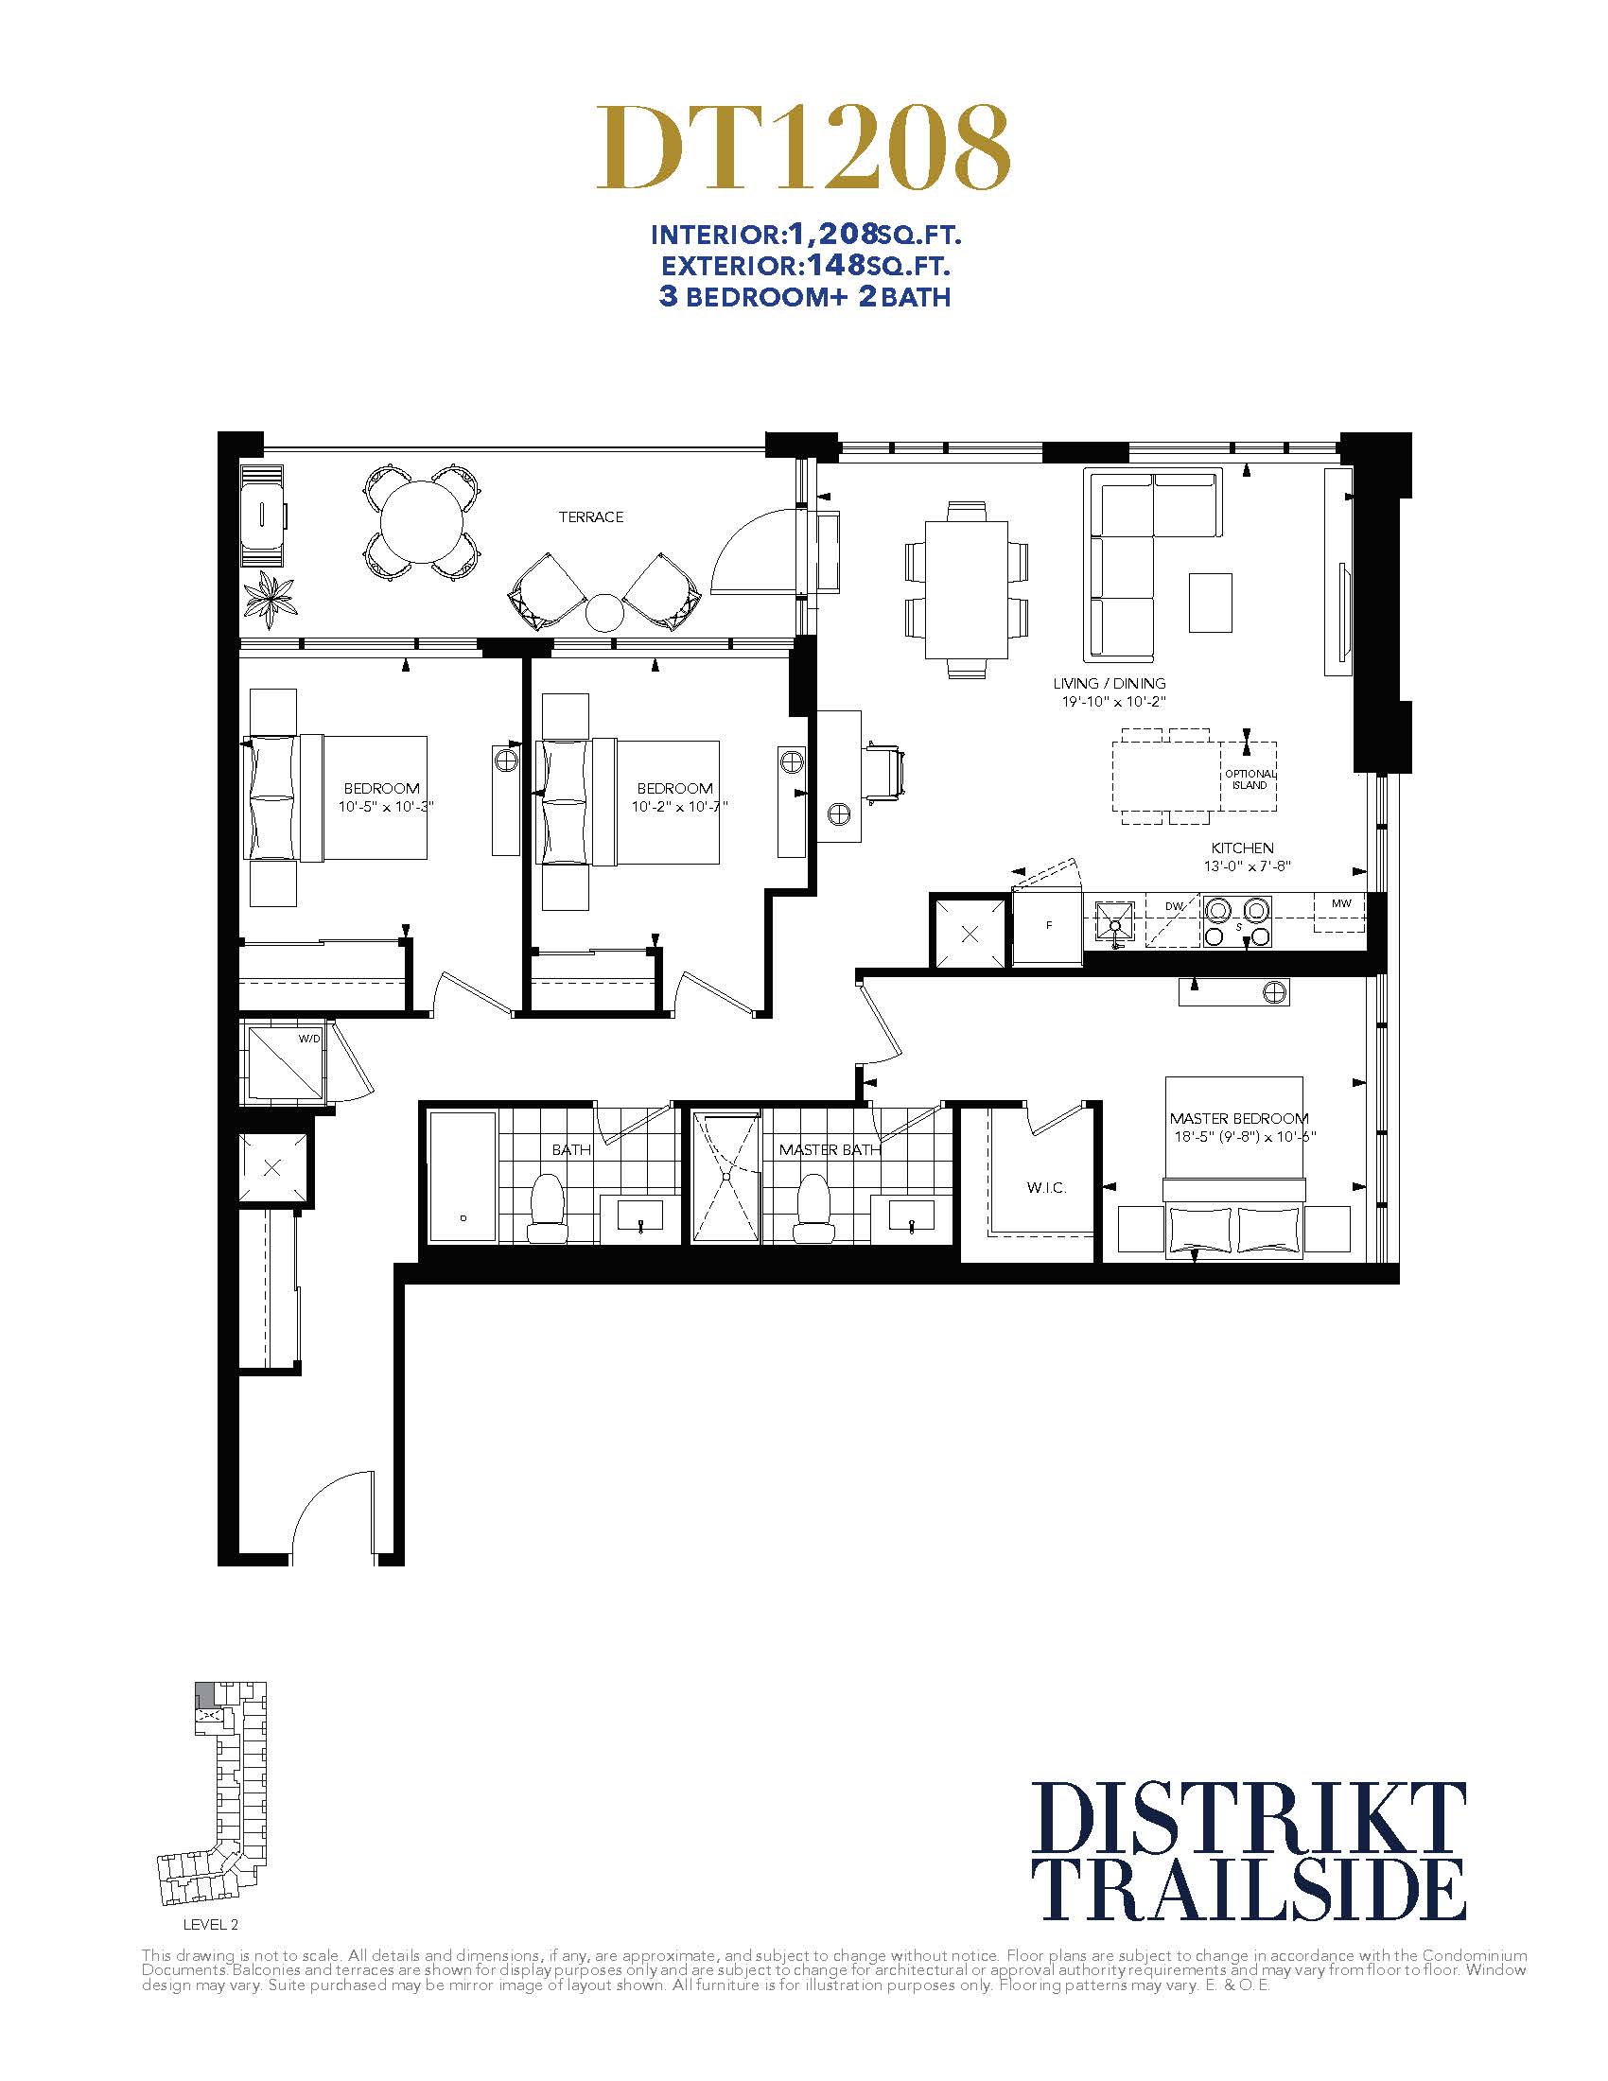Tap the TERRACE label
pos(590,516)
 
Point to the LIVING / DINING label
pos(1109,683)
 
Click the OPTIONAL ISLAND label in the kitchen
pos(1249,779)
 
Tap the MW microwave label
pos(1341,903)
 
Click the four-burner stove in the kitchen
pos(1236,922)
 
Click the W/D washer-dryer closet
pos(284,1061)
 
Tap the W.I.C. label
pos(1046,1188)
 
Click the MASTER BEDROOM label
pos(1238,1118)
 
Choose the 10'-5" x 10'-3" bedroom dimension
pos(386,806)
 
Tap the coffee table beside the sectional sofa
pos(1210,603)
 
